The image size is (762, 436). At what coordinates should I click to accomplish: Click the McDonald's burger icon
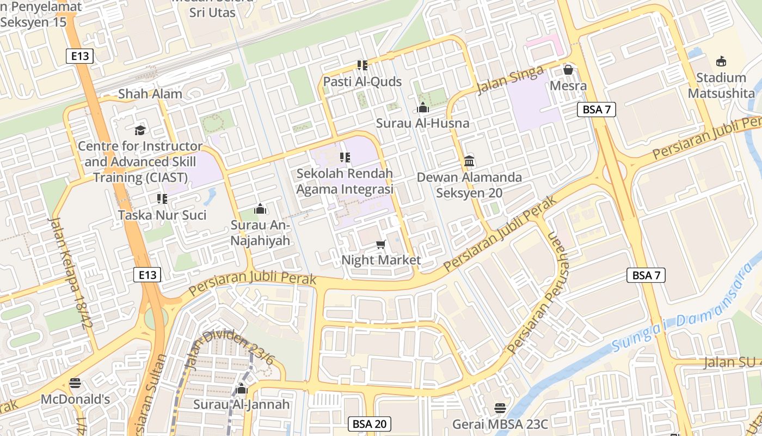click(x=75, y=383)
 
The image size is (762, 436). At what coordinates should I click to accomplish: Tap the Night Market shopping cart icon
click(x=381, y=245)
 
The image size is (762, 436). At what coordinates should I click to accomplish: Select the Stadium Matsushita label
click(x=721, y=86)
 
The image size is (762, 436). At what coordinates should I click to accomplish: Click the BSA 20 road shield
click(x=370, y=424)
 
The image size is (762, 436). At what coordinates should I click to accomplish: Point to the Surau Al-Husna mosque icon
click(x=423, y=108)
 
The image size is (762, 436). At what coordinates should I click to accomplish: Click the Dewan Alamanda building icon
click(x=469, y=161)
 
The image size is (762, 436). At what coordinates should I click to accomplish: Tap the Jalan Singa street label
click(x=510, y=80)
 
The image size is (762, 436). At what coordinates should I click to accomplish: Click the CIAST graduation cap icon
click(x=140, y=130)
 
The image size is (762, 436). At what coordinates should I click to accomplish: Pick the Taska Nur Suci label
click(x=162, y=215)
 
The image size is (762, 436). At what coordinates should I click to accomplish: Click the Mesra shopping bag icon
click(x=568, y=70)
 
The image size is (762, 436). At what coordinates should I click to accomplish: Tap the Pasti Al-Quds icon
click(x=362, y=65)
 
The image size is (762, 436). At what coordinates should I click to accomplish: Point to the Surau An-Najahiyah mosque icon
click(x=260, y=209)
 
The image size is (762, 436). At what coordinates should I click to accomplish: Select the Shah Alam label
click(x=150, y=94)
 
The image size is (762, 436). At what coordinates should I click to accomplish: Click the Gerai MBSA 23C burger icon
click(x=500, y=408)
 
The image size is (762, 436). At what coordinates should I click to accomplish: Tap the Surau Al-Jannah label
click(x=242, y=404)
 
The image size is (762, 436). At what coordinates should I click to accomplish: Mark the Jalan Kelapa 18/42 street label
click(x=69, y=273)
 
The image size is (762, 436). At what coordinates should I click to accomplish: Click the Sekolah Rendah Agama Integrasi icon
click(x=345, y=158)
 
